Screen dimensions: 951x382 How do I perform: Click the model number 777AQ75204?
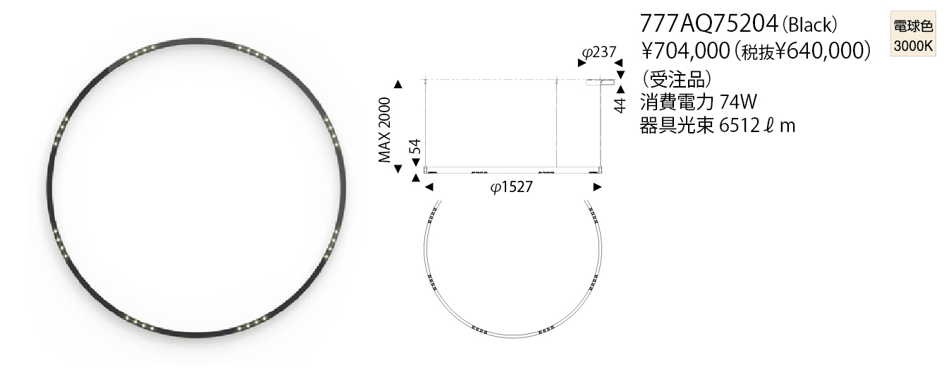tap(708, 23)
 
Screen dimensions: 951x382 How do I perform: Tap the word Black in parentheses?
tap(809, 25)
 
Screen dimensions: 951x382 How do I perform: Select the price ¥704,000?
tap(685, 52)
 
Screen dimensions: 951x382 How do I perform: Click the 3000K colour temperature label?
tap(913, 45)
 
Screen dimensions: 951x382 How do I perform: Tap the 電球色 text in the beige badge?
tap(913, 26)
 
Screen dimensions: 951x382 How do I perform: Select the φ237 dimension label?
tap(599, 52)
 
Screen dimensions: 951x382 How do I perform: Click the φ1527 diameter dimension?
tap(511, 186)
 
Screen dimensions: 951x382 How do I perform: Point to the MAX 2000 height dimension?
tap(385, 130)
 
